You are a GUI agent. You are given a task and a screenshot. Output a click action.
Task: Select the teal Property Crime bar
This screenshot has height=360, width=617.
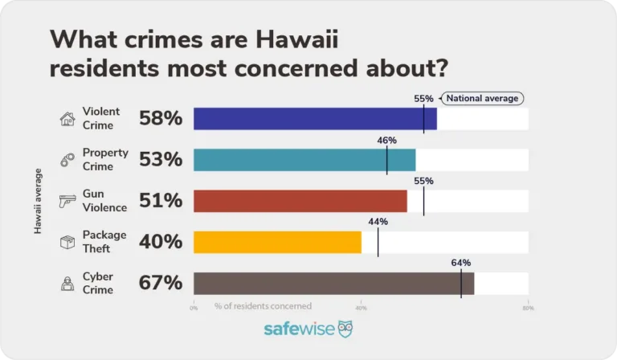304,160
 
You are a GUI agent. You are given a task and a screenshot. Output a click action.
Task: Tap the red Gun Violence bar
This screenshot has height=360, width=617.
300,201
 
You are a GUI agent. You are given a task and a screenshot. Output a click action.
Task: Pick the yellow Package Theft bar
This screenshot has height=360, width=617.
277,242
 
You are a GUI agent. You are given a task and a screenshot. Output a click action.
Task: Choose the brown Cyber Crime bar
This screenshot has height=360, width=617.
333,283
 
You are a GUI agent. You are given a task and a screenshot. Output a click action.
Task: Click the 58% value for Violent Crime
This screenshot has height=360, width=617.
161,119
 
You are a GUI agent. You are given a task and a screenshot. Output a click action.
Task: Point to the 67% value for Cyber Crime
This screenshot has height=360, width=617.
161,283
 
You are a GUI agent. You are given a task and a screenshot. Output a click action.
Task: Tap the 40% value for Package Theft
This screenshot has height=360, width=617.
161,242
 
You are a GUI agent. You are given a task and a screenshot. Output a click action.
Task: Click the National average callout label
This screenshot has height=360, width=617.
483,98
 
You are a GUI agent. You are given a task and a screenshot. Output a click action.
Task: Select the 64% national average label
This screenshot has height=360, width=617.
460,263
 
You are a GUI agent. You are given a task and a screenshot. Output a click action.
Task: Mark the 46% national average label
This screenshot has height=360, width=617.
386,140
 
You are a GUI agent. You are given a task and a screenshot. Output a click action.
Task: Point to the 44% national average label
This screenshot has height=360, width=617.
378,222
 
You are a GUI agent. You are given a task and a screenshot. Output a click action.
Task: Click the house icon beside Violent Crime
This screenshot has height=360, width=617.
67,119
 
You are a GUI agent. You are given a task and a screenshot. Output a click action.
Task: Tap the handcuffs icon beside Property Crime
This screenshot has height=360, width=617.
67,160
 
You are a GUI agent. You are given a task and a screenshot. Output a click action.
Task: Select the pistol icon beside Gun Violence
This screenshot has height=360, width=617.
67,201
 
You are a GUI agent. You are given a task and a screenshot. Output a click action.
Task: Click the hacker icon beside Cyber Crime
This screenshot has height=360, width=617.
67,283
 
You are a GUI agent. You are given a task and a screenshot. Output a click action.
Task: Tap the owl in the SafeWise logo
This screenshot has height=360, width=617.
345,329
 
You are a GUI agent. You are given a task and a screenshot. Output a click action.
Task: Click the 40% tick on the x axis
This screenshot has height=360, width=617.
361,308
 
